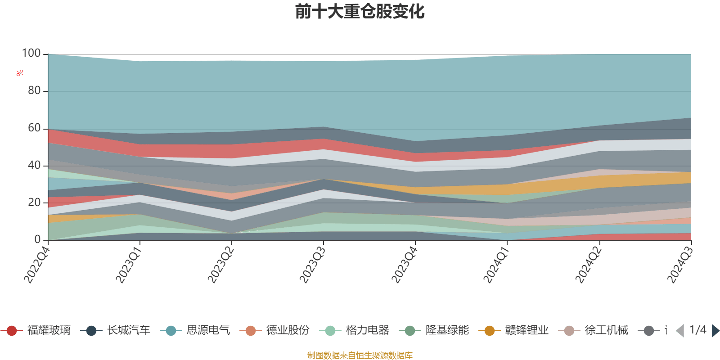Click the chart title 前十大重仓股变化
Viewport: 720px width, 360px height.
pyautogui.click(x=360, y=12)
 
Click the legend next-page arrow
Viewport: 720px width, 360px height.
pyautogui.click(x=715, y=331)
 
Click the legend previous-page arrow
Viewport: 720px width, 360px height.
pyautogui.click(x=680, y=331)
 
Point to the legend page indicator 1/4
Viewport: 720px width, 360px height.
pyautogui.click(x=697, y=330)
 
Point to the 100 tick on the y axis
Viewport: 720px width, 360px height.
pyautogui.click(x=31, y=54)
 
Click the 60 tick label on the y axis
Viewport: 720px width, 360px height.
pyautogui.click(x=34, y=128)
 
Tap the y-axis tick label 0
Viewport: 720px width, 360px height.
pyautogui.click(x=38, y=240)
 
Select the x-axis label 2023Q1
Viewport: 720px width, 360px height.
pyautogui.click(x=129, y=265)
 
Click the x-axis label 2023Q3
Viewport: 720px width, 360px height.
pyautogui.click(x=312, y=265)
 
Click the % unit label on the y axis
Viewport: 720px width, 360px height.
pyautogui.click(x=19, y=73)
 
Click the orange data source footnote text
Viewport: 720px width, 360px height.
pyautogui.click(x=360, y=355)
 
